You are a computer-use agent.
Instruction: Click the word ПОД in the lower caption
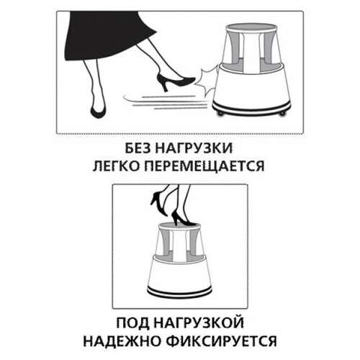(135, 318)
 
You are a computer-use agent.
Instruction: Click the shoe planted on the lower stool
(181, 217)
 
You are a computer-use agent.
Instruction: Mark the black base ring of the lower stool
(180, 291)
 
